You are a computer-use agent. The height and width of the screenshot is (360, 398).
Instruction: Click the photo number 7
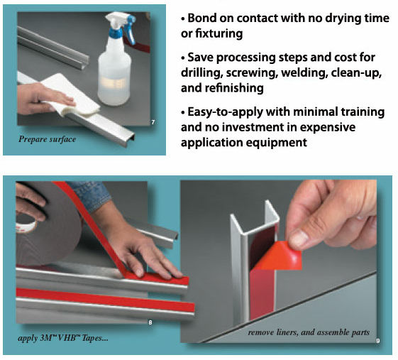coord(153,122)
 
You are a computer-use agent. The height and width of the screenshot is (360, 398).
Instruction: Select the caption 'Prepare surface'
coord(48,139)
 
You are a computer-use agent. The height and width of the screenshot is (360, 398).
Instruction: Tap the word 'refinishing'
coord(234,88)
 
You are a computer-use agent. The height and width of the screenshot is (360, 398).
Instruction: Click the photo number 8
coord(150,322)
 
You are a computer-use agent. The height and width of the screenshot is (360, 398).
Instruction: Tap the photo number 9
coord(378,341)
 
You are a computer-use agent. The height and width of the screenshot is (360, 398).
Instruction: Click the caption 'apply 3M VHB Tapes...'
coord(63,338)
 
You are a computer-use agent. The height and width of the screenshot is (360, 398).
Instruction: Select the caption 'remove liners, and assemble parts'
coord(309,332)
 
